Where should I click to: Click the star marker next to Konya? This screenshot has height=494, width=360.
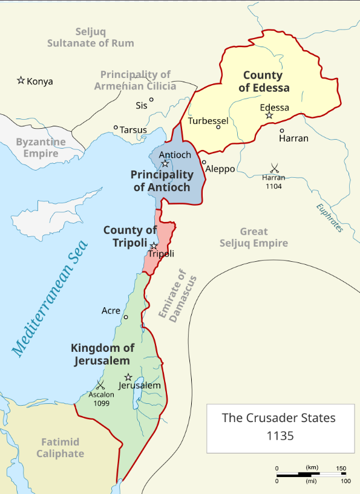click(21, 80)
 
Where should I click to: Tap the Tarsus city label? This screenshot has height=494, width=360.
click(133, 129)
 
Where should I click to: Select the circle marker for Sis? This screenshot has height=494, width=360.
click(151, 100)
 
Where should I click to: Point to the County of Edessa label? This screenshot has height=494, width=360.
click(263, 82)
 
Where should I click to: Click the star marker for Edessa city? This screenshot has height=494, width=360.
click(269, 115)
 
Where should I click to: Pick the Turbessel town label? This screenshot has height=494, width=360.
click(208, 121)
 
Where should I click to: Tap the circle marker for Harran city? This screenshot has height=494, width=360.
click(281, 130)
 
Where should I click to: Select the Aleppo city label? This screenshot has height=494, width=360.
click(220, 169)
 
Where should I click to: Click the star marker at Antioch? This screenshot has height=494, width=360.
click(165, 164)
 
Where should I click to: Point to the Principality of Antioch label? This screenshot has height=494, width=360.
click(162, 181)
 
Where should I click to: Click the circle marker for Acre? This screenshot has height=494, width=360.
click(126, 317)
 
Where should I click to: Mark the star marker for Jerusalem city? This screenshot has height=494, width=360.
click(128, 377)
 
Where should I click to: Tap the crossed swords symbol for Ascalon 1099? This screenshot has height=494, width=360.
click(100, 385)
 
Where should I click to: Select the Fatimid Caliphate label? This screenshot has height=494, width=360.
click(60, 448)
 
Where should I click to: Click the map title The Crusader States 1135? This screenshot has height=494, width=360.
click(279, 426)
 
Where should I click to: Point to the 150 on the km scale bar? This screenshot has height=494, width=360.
click(341, 469)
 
